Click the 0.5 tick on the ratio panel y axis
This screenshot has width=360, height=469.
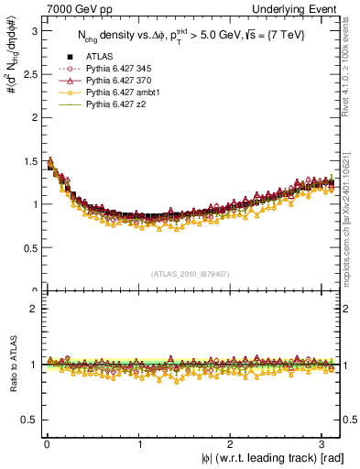click(x=29, y=420)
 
